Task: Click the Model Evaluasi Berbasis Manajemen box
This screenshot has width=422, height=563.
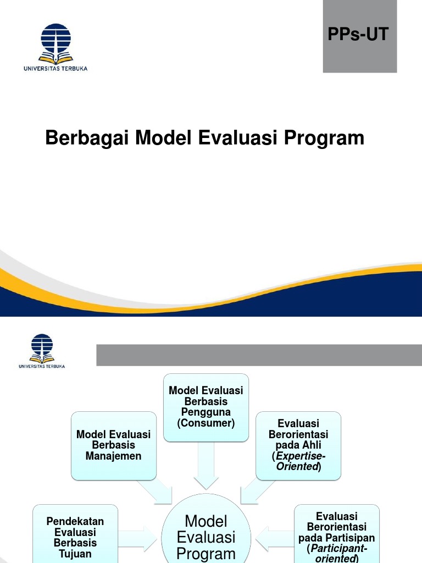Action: [x=113, y=445]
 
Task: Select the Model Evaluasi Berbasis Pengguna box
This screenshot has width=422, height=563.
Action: [x=206, y=407]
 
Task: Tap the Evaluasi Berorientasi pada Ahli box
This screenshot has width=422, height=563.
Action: [x=298, y=445]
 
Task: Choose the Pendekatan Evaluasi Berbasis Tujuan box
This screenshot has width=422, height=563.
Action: [x=75, y=537]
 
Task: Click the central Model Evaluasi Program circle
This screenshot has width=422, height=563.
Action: [x=206, y=536]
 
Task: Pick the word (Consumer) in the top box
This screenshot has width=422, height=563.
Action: [x=206, y=423]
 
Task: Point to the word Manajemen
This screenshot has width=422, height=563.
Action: [x=113, y=456]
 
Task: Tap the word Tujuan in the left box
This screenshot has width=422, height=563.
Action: [x=75, y=553]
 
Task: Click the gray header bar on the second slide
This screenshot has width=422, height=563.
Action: [x=259, y=355]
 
